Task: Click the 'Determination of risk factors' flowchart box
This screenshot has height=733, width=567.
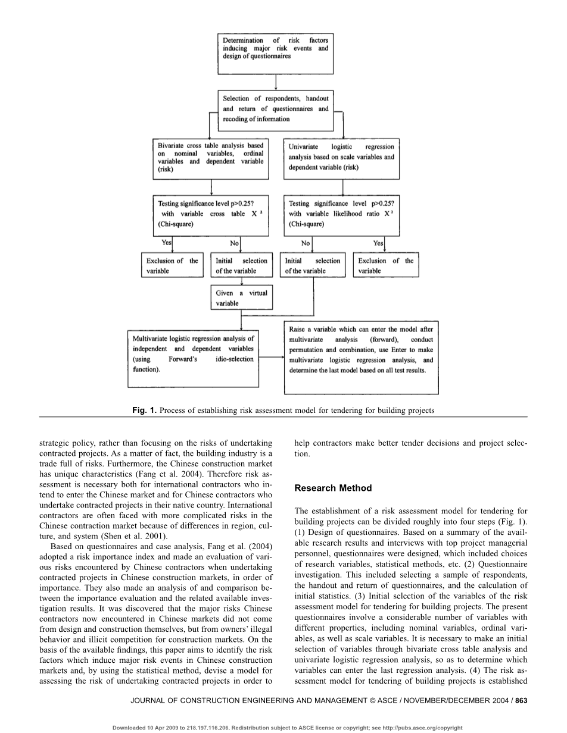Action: (275, 54)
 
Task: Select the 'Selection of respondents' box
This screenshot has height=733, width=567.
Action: (275, 109)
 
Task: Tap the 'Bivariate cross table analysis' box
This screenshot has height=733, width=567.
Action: (210, 158)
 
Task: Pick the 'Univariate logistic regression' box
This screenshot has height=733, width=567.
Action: (341, 158)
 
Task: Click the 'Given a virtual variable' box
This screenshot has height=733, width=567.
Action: (242, 297)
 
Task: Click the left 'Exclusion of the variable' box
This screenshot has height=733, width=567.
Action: (172, 265)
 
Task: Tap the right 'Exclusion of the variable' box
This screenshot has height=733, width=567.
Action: (385, 265)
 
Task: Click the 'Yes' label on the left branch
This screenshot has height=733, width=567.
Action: (167, 242)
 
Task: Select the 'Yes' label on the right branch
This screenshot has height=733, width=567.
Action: (378, 243)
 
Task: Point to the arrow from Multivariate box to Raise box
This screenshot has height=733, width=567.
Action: (272, 357)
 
